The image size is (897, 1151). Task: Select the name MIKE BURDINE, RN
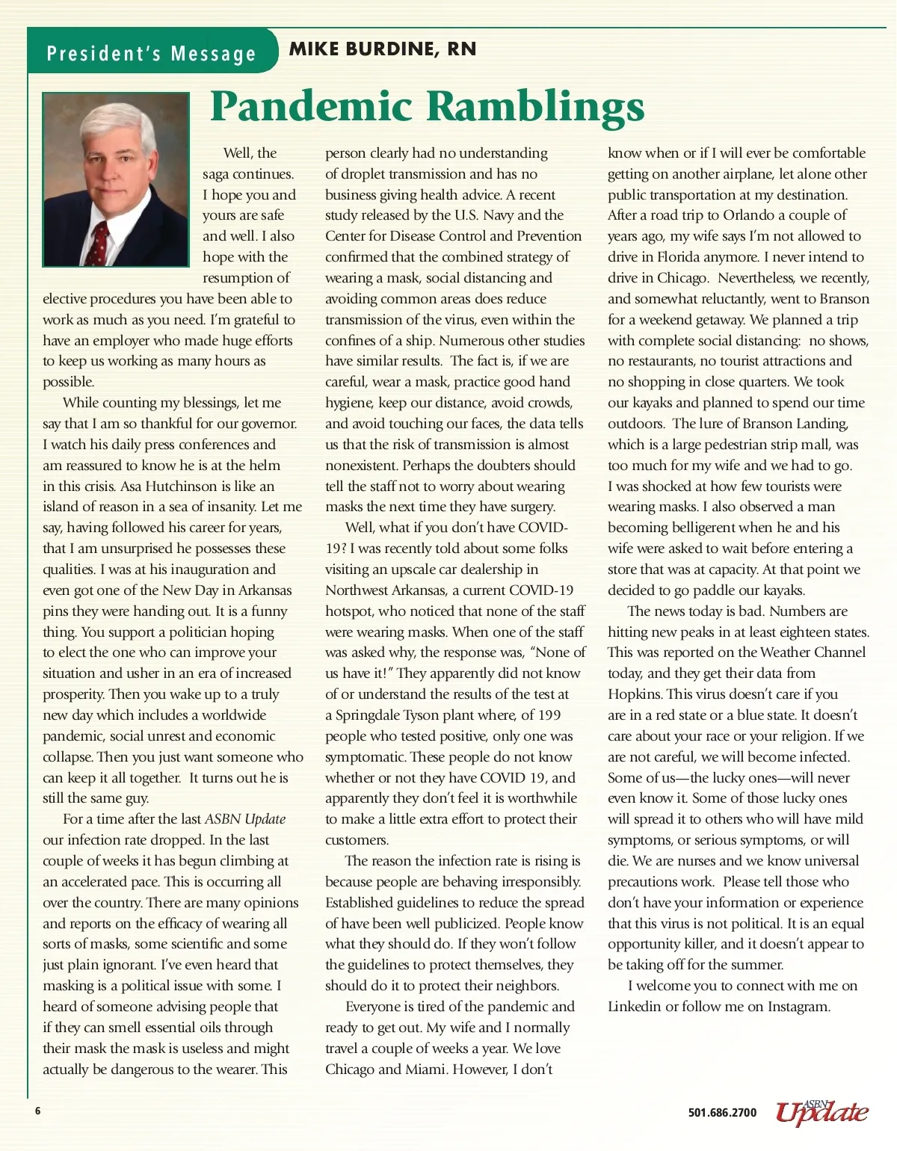pos(382,49)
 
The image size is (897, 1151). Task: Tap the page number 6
pos(37,1111)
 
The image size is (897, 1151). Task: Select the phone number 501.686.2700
pos(721,1113)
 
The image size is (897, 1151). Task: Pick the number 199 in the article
pos(548,715)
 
